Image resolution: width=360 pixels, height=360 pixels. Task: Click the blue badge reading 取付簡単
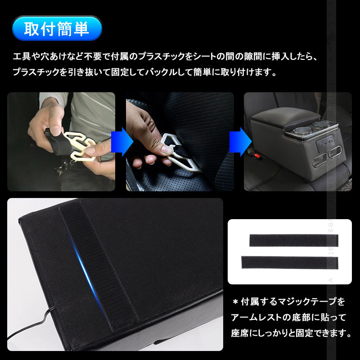(57, 30)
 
